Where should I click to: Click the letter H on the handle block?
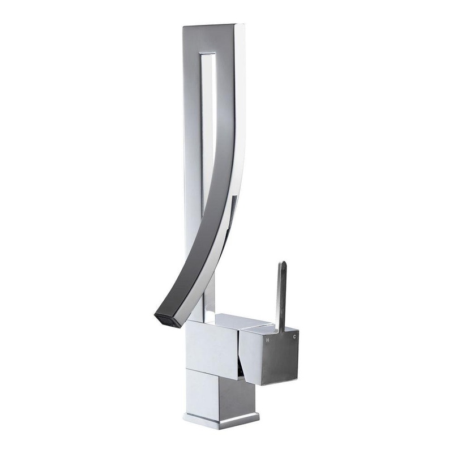[268, 340]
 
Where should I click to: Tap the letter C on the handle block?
[294, 337]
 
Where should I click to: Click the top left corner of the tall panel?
[183, 27]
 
